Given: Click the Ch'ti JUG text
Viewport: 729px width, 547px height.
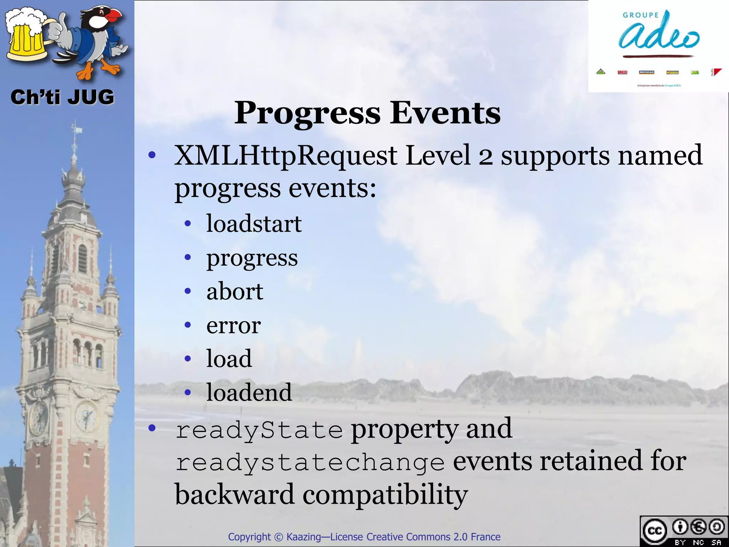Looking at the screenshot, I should tap(62, 97).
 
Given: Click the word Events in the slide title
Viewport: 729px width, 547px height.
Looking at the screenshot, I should tap(445, 113).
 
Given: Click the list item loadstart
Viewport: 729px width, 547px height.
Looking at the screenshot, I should tap(254, 224).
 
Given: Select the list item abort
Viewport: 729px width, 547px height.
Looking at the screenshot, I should tap(235, 291).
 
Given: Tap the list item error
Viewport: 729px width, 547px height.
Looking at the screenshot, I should tap(234, 325).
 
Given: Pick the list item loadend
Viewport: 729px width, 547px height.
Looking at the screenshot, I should tap(249, 392).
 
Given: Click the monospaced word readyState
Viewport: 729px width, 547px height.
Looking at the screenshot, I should tap(259, 430).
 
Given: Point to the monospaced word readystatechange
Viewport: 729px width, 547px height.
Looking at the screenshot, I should tap(310, 463).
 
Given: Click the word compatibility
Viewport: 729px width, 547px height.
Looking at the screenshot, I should tap(385, 495).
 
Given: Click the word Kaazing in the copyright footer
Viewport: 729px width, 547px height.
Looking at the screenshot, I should tap(303, 537).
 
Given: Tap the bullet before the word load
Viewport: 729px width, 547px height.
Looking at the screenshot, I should tap(188, 359).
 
